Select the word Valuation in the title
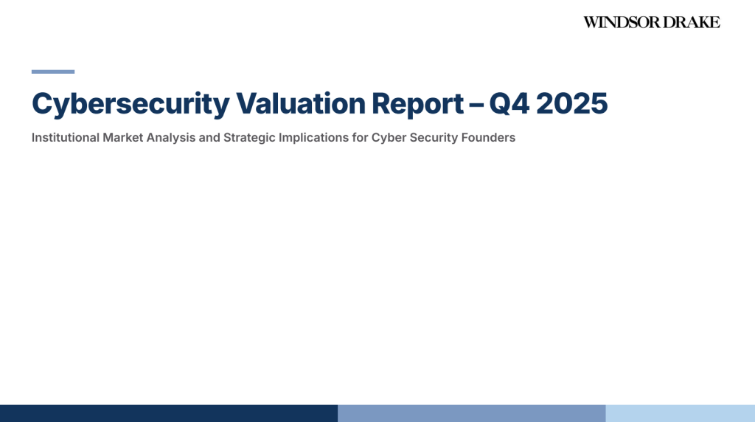coord(301,103)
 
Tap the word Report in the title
coord(418,104)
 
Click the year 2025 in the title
coord(571,103)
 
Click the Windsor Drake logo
coord(652,22)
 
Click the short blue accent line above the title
coord(53,72)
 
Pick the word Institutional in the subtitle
coord(66,137)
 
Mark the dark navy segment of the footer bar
coord(169,413)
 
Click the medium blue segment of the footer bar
coord(472,413)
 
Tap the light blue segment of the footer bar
coord(681,413)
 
